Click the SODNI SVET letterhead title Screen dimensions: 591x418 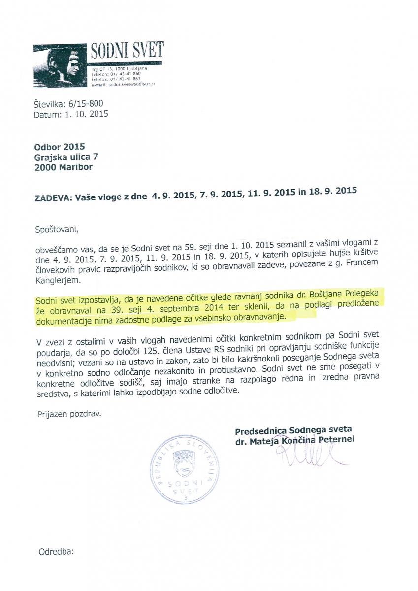(x=127, y=51)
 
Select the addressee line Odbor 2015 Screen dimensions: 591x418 (x=60, y=147)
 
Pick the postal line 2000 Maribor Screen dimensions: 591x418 (x=64, y=167)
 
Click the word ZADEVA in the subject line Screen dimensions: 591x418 (x=51, y=198)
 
